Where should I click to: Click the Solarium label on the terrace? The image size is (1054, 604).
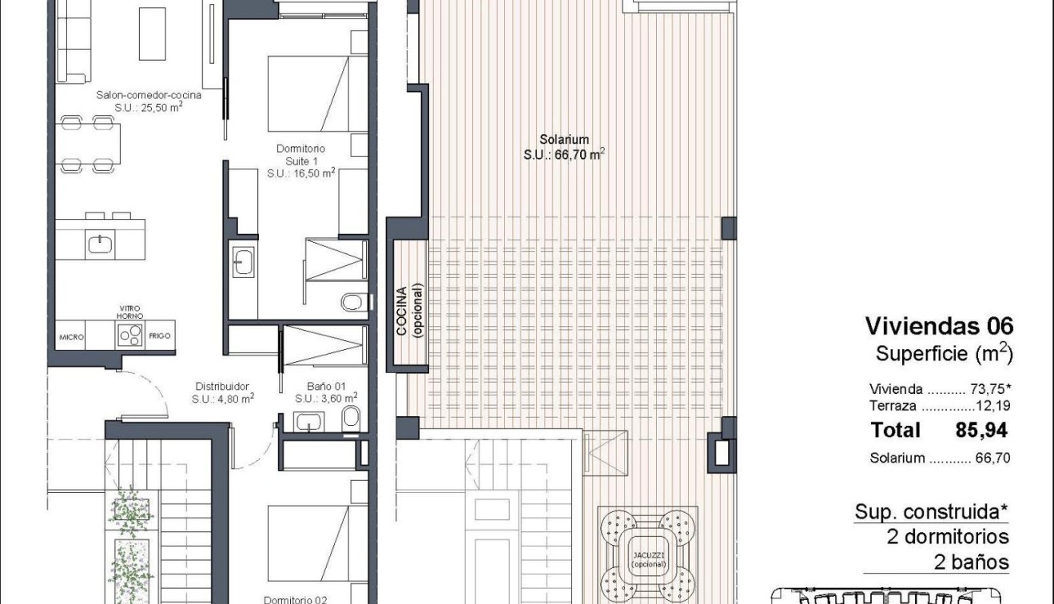coord(563,140)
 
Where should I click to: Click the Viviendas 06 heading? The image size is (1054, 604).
coord(939,326)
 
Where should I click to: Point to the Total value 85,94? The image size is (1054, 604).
coord(981,431)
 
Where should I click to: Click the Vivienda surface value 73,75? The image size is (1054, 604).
coord(984,390)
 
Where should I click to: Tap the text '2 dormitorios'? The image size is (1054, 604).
coord(948,536)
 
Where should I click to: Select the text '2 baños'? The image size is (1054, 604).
coord(971,562)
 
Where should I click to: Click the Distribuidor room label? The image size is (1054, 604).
coord(222,384)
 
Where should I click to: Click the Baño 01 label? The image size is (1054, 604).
coord(324,384)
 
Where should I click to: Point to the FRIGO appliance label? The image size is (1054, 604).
coord(160,337)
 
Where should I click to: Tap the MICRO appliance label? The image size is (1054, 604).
coord(70,337)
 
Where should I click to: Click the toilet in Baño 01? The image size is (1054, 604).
coord(349,418)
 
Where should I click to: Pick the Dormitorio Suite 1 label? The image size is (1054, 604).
coord(300,160)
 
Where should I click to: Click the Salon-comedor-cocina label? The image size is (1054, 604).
coord(148,95)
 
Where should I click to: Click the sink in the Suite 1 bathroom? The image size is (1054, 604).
coord(242,260)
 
